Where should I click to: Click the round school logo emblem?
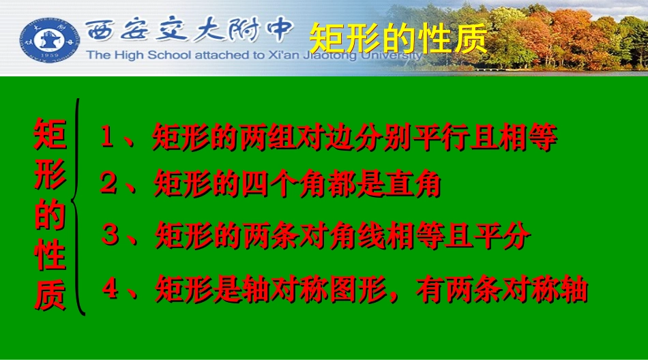pyautogui.click(x=48, y=37)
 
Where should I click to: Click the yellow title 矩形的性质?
pyautogui.click(x=399, y=40)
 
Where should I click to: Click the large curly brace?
pyautogui.click(x=82, y=207)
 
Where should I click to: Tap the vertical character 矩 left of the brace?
pyautogui.click(x=50, y=134)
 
